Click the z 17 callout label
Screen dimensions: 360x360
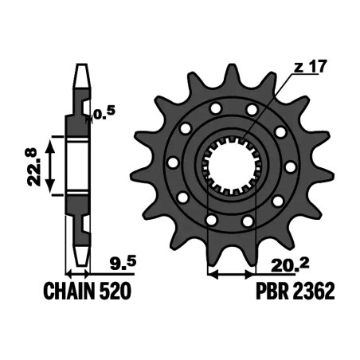[310, 67]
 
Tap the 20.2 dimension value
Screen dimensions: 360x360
[290, 264]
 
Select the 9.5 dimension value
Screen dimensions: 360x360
[123, 262]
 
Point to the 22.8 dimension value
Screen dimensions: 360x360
[34, 167]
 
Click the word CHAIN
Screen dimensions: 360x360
[69, 292]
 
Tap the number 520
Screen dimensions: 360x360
[115, 292]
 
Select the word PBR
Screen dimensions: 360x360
[272, 292]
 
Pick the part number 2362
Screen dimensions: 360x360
[313, 292]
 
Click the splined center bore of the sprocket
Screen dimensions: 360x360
[231, 165]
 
